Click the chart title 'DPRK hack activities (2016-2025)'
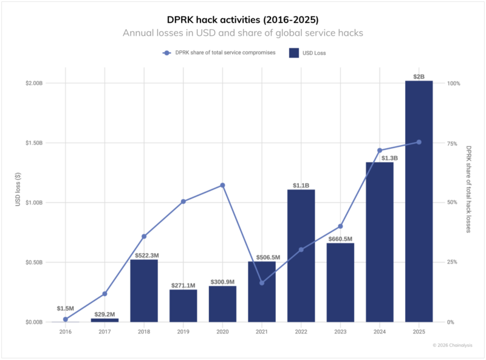click(243, 19)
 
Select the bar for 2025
click(419, 200)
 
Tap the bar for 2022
click(301, 255)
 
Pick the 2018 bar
click(144, 290)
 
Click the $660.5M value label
click(340, 239)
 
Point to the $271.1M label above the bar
click(183, 285)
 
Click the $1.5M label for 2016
click(66, 308)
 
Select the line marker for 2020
click(222, 185)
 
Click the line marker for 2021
click(262, 283)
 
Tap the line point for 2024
click(380, 150)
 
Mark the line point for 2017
click(104, 294)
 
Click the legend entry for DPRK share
click(219, 53)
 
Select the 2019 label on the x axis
click(183, 331)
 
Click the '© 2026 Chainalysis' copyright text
click(452, 345)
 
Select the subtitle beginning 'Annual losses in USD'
click(243, 33)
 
